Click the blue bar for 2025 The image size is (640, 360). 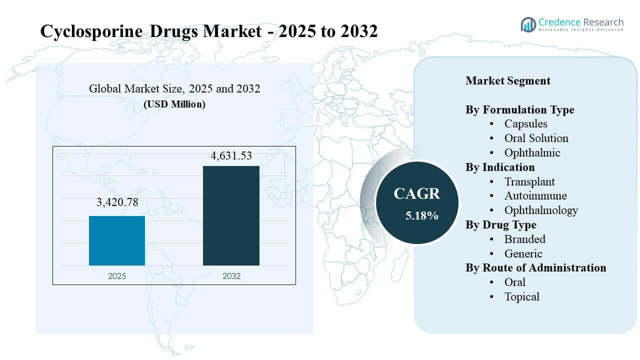tap(117, 240)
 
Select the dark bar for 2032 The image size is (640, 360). tap(231, 215)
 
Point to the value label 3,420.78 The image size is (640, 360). tap(117, 202)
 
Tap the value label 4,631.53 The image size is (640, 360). tap(231, 155)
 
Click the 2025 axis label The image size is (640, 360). tap(117, 275)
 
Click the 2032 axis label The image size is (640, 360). tap(231, 275)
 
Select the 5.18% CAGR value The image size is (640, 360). tap(422, 215)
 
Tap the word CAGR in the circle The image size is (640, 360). tap(416, 193)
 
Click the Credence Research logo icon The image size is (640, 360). tap(528, 24)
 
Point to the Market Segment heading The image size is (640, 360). tap(507, 80)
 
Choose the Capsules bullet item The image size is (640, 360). tap(525, 123)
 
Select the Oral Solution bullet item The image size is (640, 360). tap(536, 138)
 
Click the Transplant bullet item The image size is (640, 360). tap(529, 181)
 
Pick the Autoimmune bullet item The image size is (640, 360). tap(535, 195)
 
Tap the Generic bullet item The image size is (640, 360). tap(523, 253)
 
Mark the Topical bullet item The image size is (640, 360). tap(521, 296)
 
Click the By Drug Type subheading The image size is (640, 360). tap(501, 224)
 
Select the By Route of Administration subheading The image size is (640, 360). tap(536, 267)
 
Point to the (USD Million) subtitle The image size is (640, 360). tap(174, 104)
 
